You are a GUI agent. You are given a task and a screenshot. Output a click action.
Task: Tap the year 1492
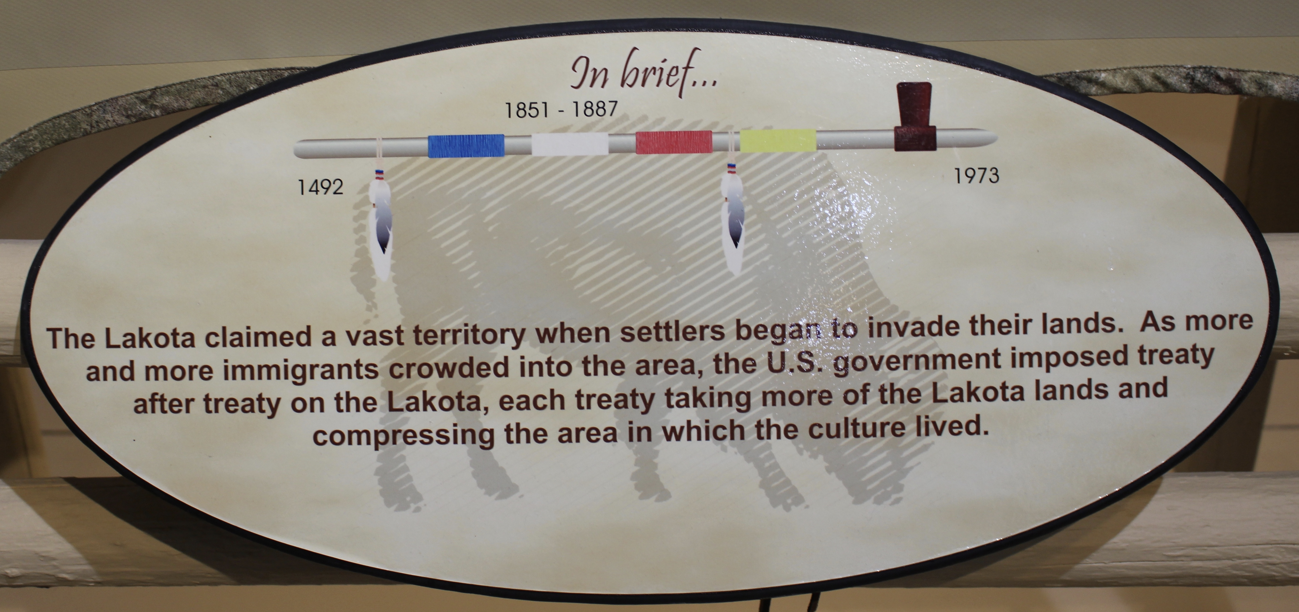[321, 187]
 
